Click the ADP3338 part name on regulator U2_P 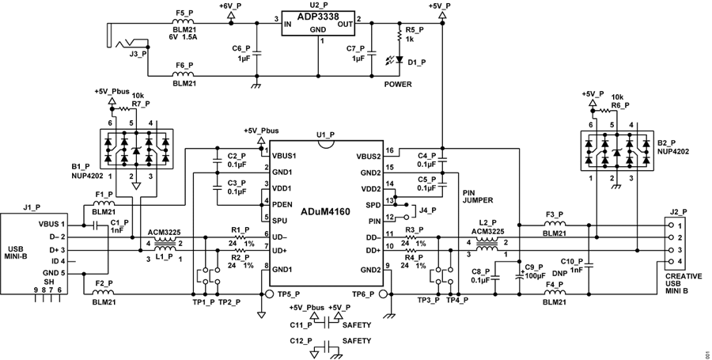[318, 17]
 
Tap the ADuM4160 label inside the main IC [325, 211]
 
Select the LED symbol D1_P [400, 59]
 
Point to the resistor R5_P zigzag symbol [400, 35]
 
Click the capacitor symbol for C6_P [256, 53]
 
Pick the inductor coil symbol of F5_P [183, 22]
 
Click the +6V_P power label [231, 6]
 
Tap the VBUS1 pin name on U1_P [284, 156]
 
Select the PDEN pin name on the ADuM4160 [282, 205]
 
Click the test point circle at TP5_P [269, 294]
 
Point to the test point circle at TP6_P [382, 294]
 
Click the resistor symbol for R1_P [239, 237]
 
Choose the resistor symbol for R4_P [411, 250]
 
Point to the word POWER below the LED [398, 84]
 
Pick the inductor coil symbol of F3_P [555, 224]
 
